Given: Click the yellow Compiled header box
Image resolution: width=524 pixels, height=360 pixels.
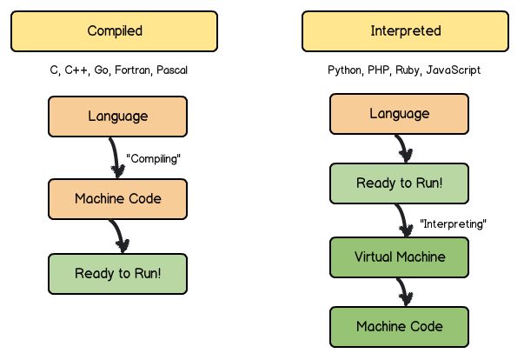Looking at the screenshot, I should tap(114, 31).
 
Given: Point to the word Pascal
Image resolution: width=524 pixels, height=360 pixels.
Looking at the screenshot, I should tap(171, 70).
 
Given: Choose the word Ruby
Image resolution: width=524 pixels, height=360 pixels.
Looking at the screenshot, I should tap(407, 70).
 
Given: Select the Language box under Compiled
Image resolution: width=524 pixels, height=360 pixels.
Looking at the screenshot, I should tap(117, 116).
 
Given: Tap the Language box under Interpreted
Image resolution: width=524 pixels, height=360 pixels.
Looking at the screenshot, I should tap(400, 115).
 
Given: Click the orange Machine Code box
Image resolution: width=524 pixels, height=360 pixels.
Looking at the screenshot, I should tap(117, 197).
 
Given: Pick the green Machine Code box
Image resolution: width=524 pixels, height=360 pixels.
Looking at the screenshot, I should tap(400, 327).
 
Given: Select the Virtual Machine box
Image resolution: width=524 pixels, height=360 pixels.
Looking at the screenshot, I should tap(400, 257).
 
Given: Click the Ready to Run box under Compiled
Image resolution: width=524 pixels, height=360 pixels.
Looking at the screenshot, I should tap(117, 273).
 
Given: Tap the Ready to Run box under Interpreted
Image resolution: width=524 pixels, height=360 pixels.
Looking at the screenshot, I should tap(400, 184).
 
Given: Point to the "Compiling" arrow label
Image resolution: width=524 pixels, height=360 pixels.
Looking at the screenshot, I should tap(154, 159).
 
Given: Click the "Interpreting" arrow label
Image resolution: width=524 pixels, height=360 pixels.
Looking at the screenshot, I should tap(453, 223).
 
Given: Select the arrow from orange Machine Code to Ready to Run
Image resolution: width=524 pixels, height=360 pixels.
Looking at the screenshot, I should tap(119, 235).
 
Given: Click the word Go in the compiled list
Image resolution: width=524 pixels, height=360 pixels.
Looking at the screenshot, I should tap(101, 70).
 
